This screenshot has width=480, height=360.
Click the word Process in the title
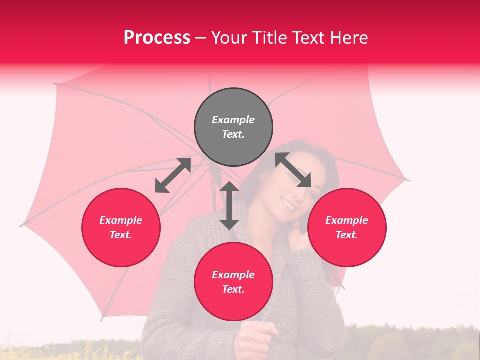click(x=157, y=38)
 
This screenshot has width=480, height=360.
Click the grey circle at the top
click(x=233, y=127)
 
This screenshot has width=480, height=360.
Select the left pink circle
click(x=121, y=227)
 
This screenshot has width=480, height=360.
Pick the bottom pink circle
click(x=233, y=282)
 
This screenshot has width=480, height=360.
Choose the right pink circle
click(x=347, y=227)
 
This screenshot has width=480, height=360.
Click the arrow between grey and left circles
click(x=173, y=175)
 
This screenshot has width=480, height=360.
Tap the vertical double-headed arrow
click(x=229, y=205)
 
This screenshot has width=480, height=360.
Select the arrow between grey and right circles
click(x=293, y=170)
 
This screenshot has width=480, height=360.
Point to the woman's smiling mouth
click(x=288, y=204)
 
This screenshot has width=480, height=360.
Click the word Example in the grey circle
click(x=233, y=120)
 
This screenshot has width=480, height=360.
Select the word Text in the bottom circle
click(x=233, y=289)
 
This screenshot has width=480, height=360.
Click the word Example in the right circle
click(x=347, y=220)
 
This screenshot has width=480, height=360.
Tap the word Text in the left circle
click(x=121, y=235)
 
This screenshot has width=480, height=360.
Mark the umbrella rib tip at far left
click(x=21, y=225)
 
